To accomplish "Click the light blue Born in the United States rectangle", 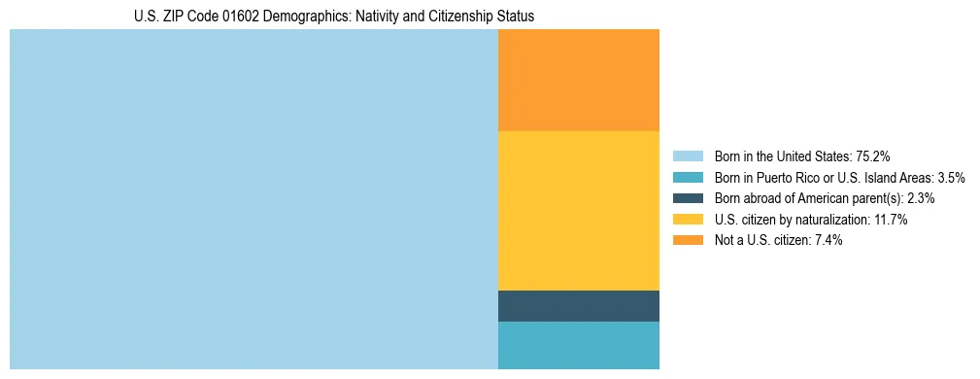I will (253, 199).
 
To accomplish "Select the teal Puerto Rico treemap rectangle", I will (578, 345).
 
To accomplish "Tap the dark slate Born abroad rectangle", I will (578, 305).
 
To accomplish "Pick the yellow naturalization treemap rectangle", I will (578, 210).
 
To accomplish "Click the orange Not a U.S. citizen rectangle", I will (578, 80).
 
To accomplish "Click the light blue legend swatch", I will (688, 156).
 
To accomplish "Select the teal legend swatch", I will (688, 178).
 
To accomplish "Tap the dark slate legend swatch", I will (688, 198).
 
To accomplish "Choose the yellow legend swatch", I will (688, 220).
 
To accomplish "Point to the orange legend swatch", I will (688, 240).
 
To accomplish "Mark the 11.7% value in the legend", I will (890, 220).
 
